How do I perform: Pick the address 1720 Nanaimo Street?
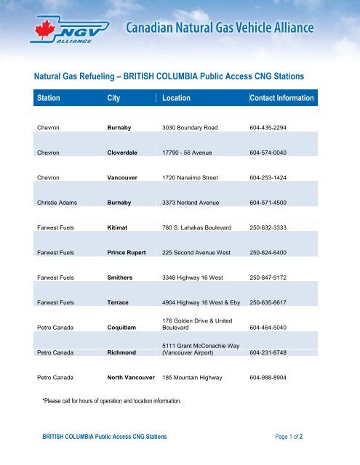click(x=191, y=176)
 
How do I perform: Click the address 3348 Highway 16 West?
click(x=196, y=276)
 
